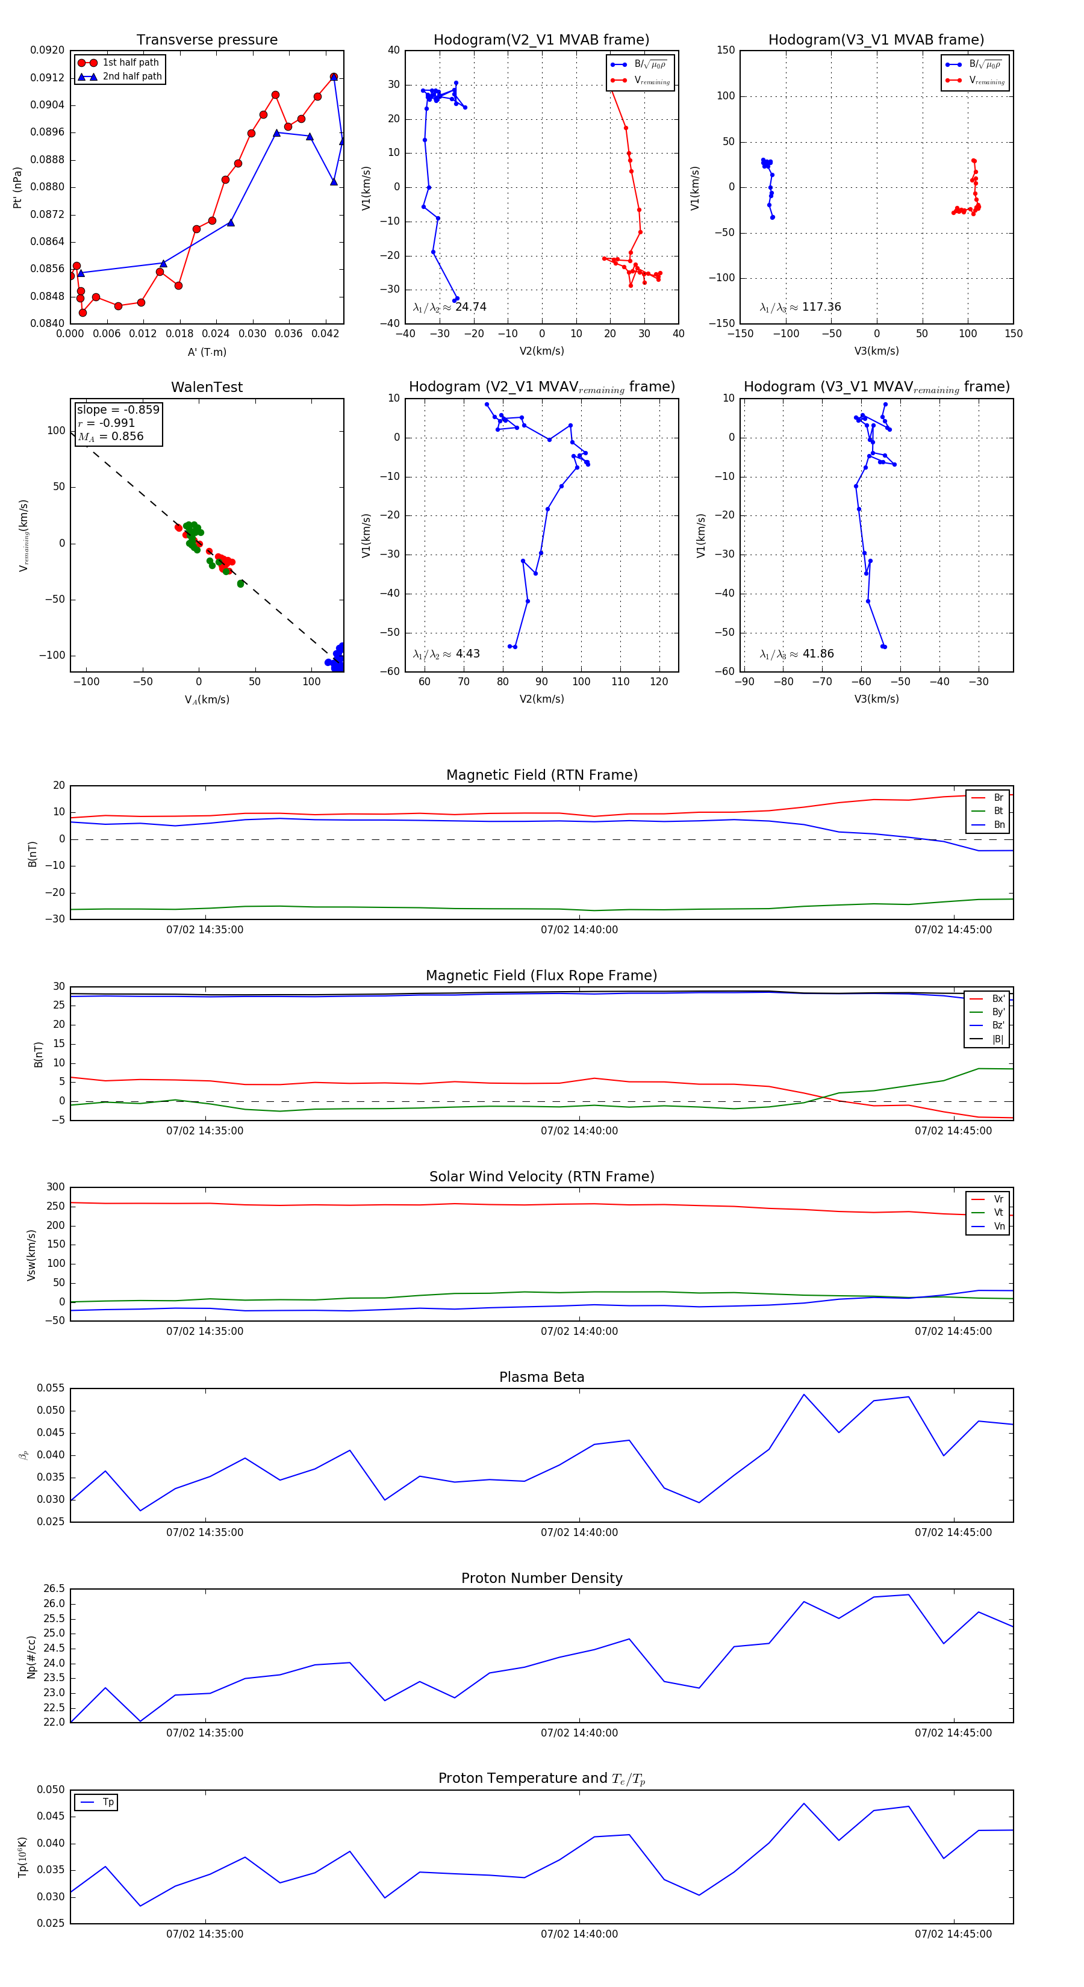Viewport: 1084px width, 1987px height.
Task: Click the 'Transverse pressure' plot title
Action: pyautogui.click(x=207, y=40)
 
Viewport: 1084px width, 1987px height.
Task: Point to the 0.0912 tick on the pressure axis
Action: pyautogui.click(x=47, y=78)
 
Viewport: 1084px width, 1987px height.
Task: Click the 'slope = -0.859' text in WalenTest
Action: pyautogui.click(x=118, y=409)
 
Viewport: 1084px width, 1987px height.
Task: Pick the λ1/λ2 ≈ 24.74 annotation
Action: pyautogui.click(x=450, y=307)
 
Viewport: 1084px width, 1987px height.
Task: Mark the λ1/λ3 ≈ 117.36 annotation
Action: pyautogui.click(x=800, y=307)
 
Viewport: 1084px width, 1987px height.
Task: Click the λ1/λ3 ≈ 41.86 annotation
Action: pyautogui.click(x=796, y=654)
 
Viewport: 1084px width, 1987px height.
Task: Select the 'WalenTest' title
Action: pyautogui.click(x=207, y=387)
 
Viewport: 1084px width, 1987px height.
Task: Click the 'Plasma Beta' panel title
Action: pyautogui.click(x=541, y=1378)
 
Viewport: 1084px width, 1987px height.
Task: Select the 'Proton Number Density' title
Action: pyautogui.click(x=541, y=1578)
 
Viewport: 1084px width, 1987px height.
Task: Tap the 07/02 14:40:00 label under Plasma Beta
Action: pyautogui.click(x=579, y=1532)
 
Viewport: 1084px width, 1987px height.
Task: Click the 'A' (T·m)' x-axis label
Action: pyautogui.click(x=207, y=352)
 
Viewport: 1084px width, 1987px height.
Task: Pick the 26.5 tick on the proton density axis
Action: pyautogui.click(x=54, y=1589)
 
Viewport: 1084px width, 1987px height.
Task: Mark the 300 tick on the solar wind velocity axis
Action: pyautogui.click(x=55, y=1187)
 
